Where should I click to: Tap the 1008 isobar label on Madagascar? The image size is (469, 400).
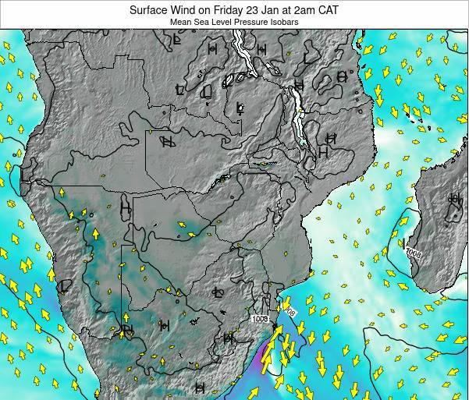(x=413, y=253)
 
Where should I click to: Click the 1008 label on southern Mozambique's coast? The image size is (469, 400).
(x=261, y=318)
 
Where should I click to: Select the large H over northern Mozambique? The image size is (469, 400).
(x=323, y=153)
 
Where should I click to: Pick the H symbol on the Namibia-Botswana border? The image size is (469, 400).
(x=125, y=208)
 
